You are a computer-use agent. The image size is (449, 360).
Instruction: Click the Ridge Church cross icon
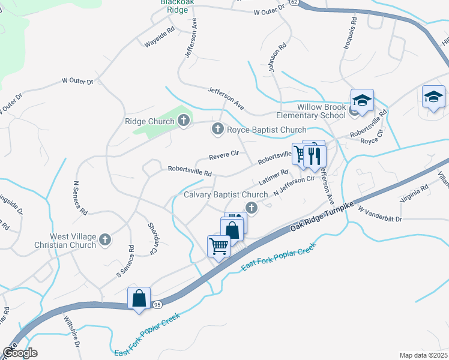(184, 121)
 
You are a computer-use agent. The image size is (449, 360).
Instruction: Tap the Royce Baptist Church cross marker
(218, 129)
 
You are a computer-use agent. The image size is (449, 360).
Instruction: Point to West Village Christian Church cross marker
(105, 240)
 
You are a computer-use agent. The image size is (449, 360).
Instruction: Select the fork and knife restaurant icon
(315, 157)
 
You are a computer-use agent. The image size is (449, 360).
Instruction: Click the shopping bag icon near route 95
(139, 298)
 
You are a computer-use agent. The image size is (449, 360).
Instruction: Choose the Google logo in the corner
(20, 353)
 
